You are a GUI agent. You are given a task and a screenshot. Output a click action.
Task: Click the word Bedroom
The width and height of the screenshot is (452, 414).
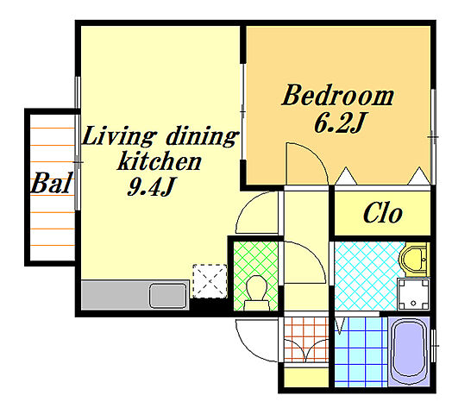(337, 95)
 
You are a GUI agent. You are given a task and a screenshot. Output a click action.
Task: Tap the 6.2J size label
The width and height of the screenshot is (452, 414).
(340, 123)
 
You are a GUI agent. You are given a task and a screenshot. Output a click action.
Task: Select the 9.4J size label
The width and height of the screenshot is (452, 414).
(152, 186)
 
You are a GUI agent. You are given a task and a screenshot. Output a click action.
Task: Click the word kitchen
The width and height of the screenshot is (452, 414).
(160, 160)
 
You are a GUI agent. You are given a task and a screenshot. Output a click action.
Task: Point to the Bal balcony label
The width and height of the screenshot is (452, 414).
(51, 183)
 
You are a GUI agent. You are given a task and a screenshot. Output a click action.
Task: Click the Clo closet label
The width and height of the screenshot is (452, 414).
(382, 213)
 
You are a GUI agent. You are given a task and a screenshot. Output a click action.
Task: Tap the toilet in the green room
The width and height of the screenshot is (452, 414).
(256, 292)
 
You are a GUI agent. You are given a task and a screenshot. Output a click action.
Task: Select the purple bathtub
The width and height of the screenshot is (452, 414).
(409, 351)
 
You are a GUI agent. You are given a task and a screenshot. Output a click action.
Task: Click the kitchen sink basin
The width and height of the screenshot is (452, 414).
(168, 296)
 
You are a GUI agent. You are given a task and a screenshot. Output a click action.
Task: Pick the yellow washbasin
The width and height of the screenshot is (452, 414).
(414, 260)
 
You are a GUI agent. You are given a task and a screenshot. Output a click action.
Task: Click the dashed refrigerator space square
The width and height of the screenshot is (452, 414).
(210, 281)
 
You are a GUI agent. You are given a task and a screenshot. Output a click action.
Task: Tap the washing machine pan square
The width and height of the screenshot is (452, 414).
(413, 294)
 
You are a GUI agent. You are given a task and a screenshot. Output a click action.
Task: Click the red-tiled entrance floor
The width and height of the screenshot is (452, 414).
(306, 340)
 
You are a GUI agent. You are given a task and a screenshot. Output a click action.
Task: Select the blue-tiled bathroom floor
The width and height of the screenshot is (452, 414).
(361, 352)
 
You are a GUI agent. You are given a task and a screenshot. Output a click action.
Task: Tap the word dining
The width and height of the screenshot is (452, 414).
(202, 136)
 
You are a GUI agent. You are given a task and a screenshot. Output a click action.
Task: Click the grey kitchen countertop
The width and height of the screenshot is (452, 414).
(135, 295)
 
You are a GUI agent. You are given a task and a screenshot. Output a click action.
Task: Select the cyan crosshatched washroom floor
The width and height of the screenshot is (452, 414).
(367, 276)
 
